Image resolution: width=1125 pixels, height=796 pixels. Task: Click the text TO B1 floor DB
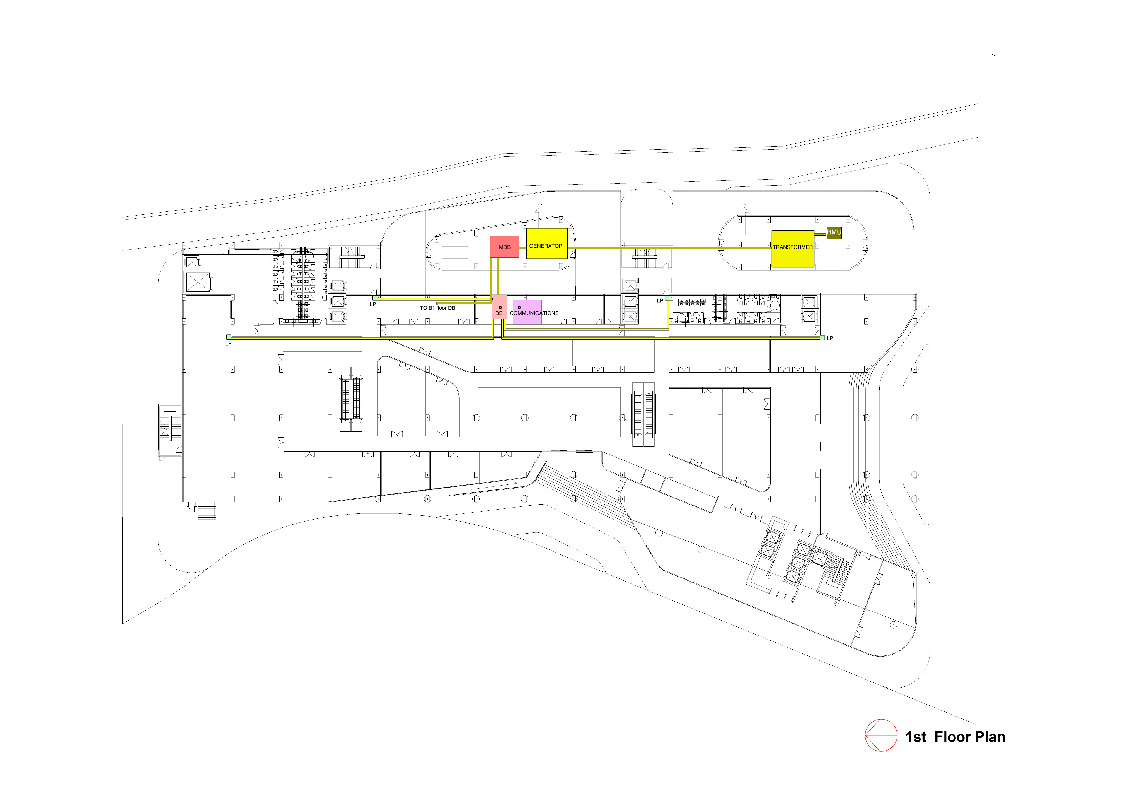click(x=437, y=308)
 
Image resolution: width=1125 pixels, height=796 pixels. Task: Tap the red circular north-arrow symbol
click(x=880, y=735)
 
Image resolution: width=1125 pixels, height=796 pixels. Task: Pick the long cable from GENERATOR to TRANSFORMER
click(x=671, y=248)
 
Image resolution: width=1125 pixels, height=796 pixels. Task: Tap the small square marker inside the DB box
click(x=500, y=307)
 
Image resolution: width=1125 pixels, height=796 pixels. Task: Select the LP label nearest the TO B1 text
click(x=373, y=304)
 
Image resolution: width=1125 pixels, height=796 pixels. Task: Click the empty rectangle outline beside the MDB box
click(x=454, y=252)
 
